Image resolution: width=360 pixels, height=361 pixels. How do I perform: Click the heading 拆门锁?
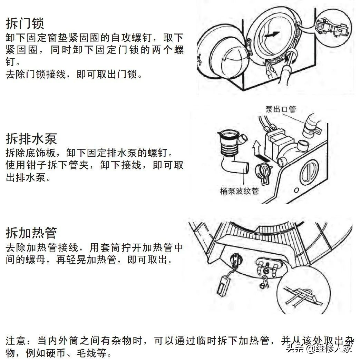(25, 23)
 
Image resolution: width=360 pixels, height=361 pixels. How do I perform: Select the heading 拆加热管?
(31, 233)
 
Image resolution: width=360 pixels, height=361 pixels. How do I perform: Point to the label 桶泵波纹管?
(239, 191)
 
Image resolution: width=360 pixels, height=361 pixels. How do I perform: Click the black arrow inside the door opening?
(272, 35)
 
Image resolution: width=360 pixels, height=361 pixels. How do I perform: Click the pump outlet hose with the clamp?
(311, 126)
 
